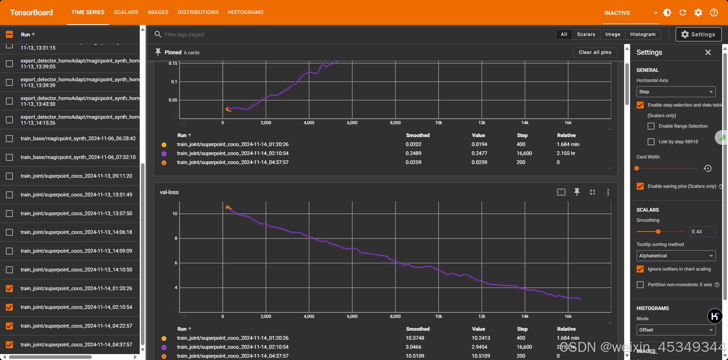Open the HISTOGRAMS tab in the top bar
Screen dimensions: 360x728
point(246,12)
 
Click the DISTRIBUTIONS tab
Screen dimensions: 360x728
point(198,12)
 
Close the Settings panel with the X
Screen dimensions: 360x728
point(708,52)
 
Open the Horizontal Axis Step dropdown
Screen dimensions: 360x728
point(676,92)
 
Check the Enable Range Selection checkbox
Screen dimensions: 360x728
point(651,126)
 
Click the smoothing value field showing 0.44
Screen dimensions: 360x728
point(702,232)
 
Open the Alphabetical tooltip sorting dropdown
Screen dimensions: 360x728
point(676,256)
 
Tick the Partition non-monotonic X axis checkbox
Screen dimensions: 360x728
point(640,285)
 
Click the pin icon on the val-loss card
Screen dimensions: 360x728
point(577,192)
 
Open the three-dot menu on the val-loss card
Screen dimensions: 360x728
point(608,192)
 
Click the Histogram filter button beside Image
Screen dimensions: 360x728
point(643,34)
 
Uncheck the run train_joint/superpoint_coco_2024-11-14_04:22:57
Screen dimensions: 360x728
point(10,326)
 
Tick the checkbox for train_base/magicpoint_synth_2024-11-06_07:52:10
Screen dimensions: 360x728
point(10,157)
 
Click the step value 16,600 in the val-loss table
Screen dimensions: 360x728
point(524,347)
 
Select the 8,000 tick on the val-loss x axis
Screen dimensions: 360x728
point(395,316)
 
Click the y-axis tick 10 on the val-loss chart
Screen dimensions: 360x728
point(175,214)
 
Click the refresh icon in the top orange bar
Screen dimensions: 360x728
point(683,12)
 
